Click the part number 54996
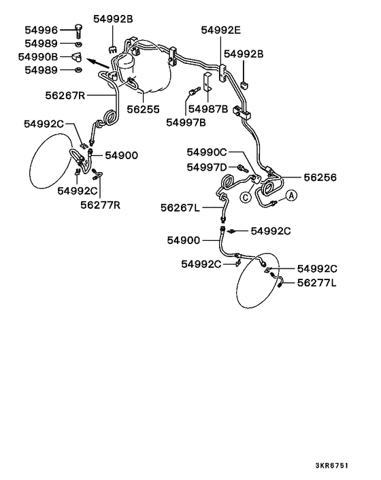point(41,30)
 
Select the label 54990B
point(38,56)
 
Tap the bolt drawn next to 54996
point(79,31)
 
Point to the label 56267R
point(65,95)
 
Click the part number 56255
point(144,109)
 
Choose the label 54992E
point(221,30)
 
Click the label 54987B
point(208,109)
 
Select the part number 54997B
point(186,122)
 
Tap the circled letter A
point(291,195)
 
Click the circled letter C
point(246,197)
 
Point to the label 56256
point(320,177)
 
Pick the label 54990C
point(207,152)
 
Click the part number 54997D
point(207,167)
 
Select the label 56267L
point(180,208)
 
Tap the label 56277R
point(101,205)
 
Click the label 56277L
point(316,283)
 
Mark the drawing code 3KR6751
point(332,466)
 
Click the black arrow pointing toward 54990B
point(98,63)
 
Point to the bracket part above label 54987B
point(207,82)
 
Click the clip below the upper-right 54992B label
point(244,85)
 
